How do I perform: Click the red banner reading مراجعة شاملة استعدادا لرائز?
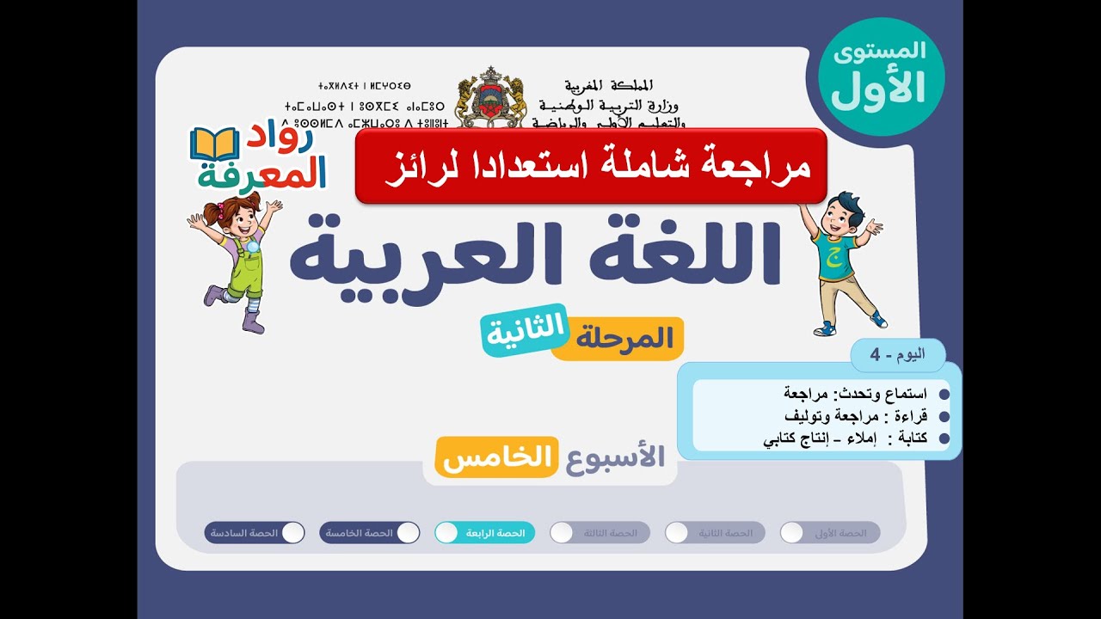[x=591, y=166]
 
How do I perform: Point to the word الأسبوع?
[x=615, y=457]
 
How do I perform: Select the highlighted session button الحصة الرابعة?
[x=485, y=533]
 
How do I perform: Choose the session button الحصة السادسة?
[x=255, y=533]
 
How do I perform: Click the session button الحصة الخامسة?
[x=370, y=533]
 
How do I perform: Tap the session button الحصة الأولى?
[x=830, y=533]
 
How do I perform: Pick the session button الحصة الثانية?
[x=715, y=533]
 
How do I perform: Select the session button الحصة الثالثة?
[x=600, y=533]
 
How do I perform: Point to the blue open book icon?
[x=213, y=144]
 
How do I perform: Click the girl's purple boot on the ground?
[x=253, y=323]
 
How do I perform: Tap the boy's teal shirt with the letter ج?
[x=833, y=254]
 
